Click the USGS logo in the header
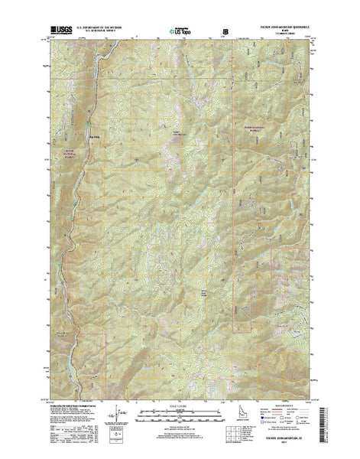[x=63, y=31]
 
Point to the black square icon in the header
[x=225, y=32]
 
